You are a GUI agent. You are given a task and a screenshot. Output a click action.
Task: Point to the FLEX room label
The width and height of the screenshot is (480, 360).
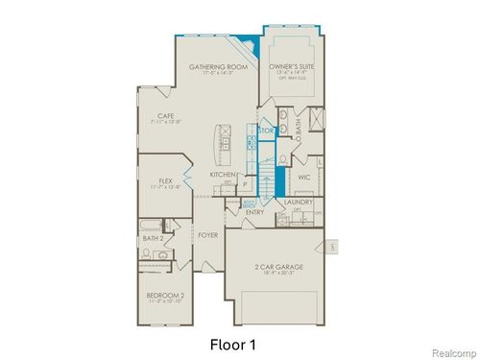[x=164, y=180]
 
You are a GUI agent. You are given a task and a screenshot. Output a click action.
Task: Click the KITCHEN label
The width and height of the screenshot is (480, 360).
[x=223, y=175]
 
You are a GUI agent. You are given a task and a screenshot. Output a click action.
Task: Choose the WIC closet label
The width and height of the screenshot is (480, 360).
[x=303, y=177]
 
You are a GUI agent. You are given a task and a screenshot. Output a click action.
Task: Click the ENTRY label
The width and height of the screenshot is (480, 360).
[x=254, y=212]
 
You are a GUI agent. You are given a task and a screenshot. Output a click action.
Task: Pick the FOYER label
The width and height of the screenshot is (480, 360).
[x=208, y=234]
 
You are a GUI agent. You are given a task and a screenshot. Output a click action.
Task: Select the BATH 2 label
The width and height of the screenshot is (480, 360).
[x=152, y=238]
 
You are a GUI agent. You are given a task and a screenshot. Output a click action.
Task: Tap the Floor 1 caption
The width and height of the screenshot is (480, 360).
[x=233, y=342]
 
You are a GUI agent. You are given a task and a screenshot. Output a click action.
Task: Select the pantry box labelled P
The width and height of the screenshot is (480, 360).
[x=244, y=182]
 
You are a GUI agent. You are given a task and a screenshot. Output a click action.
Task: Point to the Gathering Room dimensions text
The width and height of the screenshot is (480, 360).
[x=204, y=73]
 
